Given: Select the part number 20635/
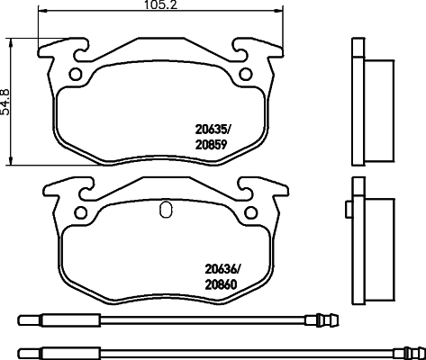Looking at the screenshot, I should tap(215, 128).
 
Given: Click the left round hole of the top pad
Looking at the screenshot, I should tap(77, 74).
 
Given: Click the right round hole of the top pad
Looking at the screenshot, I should tap(243, 74).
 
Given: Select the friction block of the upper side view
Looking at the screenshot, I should tap(379, 95).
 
